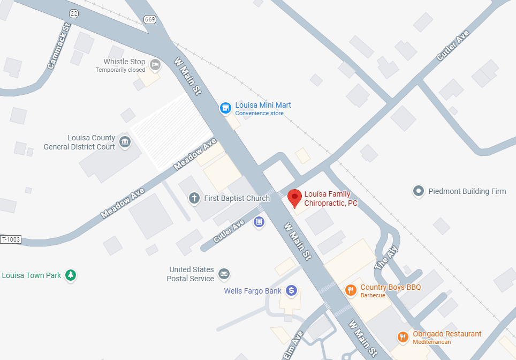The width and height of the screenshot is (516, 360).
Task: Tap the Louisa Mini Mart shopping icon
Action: [226, 108]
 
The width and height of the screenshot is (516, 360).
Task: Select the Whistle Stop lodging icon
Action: [155, 65]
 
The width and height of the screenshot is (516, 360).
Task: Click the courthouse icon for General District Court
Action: [125, 142]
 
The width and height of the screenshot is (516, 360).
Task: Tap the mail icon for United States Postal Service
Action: [224, 274]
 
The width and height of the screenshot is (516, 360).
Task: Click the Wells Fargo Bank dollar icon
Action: [291, 290]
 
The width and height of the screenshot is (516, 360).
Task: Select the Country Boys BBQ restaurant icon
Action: [351, 290]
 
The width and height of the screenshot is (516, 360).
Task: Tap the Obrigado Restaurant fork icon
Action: [403, 337]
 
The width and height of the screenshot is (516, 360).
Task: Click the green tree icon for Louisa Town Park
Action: [70, 275]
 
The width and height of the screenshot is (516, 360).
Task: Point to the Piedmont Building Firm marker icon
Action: [419, 191]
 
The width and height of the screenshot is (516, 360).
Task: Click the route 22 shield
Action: [74, 13]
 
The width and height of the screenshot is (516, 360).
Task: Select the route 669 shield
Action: [149, 19]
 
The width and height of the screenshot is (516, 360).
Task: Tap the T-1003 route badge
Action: [11, 239]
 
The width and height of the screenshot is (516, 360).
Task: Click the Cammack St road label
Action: [59, 46]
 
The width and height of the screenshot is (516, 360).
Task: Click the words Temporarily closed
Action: [120, 70]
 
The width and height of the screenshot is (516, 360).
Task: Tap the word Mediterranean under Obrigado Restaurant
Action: [431, 342]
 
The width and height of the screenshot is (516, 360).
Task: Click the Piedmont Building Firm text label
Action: [467, 191]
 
